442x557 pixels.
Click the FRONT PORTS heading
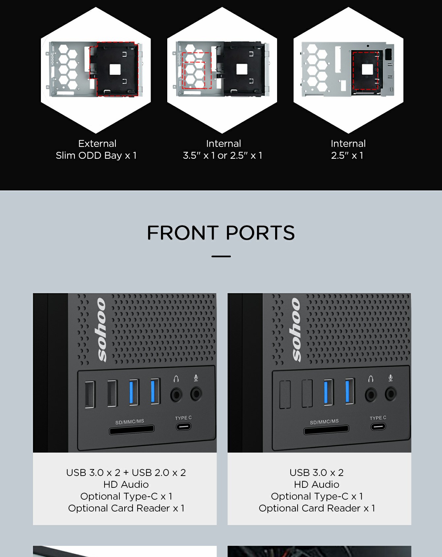(x=221, y=233)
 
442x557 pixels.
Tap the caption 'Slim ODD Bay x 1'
(x=96, y=155)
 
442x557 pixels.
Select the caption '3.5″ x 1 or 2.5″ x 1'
(x=223, y=155)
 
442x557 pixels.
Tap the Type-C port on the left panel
(x=183, y=427)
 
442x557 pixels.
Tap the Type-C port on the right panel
(x=378, y=427)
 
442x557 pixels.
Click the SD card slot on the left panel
(x=132, y=430)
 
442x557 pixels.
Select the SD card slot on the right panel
(x=326, y=430)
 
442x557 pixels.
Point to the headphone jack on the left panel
(x=176, y=395)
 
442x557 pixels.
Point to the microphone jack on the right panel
(x=391, y=394)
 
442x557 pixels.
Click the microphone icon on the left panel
(x=196, y=378)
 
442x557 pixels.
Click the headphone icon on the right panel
(x=371, y=379)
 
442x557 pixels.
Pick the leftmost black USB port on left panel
(x=90, y=395)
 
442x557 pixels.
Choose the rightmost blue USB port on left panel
(x=155, y=391)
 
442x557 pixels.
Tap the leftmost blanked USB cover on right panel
(x=285, y=395)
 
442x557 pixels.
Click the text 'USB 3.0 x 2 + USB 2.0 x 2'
(x=126, y=473)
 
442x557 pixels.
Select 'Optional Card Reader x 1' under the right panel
(x=317, y=508)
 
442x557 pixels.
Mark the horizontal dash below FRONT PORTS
(x=221, y=256)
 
